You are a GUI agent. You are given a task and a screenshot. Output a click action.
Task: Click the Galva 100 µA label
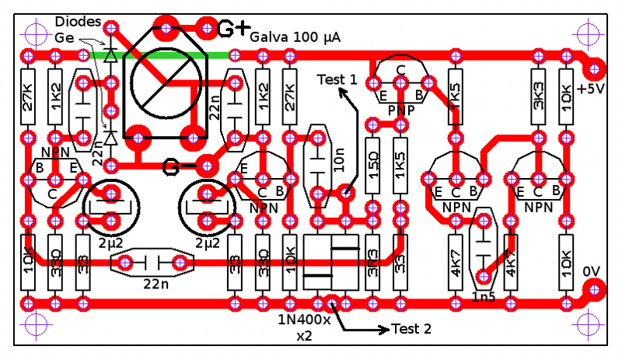[295, 37]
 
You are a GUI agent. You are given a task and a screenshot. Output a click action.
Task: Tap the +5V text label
[590, 89]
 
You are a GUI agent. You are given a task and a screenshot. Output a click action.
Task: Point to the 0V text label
[592, 271]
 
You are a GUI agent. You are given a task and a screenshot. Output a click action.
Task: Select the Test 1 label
[337, 79]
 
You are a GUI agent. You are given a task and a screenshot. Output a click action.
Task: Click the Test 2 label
[411, 329]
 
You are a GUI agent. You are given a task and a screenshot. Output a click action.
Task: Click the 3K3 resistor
[537, 97]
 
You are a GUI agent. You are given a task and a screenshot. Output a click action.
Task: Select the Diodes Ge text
[75, 29]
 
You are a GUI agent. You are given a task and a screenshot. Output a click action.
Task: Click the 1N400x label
[304, 320]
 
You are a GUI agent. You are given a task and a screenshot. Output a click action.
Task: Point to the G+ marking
[232, 29]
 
